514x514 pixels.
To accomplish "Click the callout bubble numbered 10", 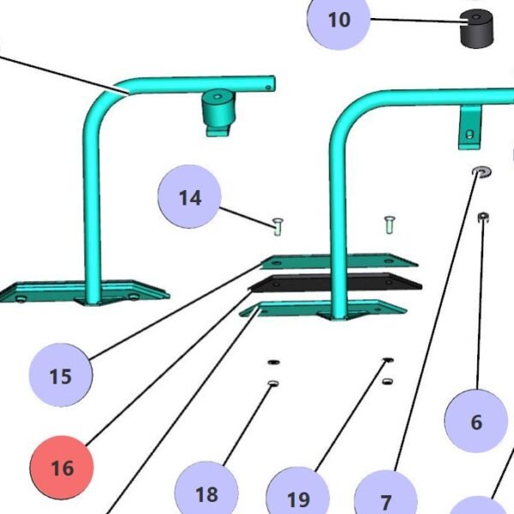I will point(339,19).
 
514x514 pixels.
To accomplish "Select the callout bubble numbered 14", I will point(190,198).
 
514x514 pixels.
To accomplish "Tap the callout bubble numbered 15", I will point(61,375).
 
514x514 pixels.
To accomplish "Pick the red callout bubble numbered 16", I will point(63,468).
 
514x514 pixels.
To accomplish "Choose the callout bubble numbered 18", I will point(206,493).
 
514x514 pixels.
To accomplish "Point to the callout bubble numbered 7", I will point(385,501).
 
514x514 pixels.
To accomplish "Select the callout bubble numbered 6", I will point(476,421).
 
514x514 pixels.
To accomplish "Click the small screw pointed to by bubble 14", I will point(278,225).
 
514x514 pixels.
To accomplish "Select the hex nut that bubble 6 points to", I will point(483,217).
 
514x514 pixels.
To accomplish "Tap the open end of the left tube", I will point(271,82).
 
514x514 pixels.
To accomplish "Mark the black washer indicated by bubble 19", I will point(387,361).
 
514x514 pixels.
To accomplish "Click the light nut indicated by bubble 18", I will point(273,383).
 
